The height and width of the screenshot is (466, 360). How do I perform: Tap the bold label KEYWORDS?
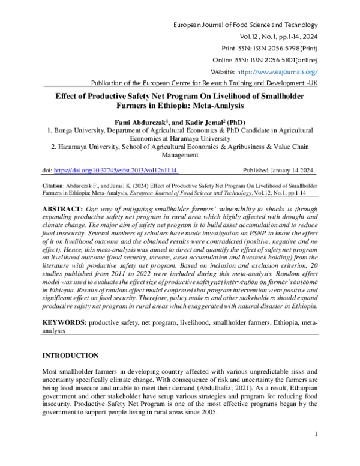64,322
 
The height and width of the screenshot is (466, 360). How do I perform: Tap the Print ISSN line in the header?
270,49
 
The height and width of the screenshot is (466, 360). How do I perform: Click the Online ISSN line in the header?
265,60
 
